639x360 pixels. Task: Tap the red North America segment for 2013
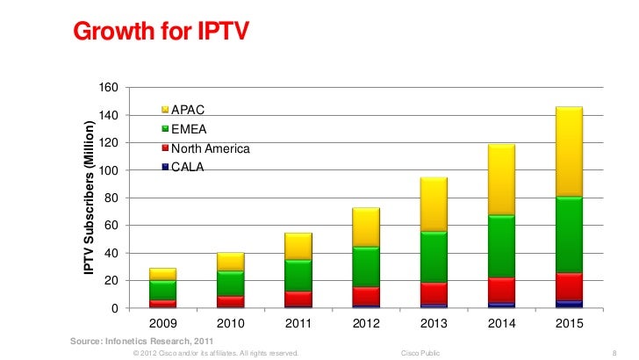point(434,293)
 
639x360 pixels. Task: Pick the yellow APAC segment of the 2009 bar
point(162,274)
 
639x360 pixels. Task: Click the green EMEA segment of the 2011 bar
point(298,275)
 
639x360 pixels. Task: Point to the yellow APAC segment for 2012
point(365,227)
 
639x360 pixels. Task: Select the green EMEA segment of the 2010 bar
point(230,283)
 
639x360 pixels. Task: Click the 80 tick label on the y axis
point(111,198)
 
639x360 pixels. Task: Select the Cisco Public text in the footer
point(420,352)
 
